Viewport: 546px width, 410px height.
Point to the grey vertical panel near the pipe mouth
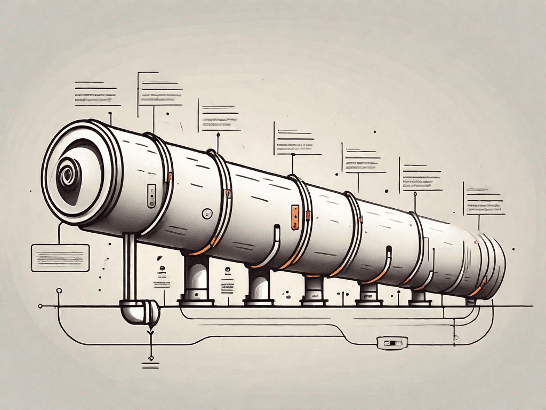[x=151, y=196]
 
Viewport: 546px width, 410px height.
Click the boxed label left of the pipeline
[x=60, y=257]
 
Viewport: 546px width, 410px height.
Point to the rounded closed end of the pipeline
[x=493, y=264]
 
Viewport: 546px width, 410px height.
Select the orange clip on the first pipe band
[x=170, y=177]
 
